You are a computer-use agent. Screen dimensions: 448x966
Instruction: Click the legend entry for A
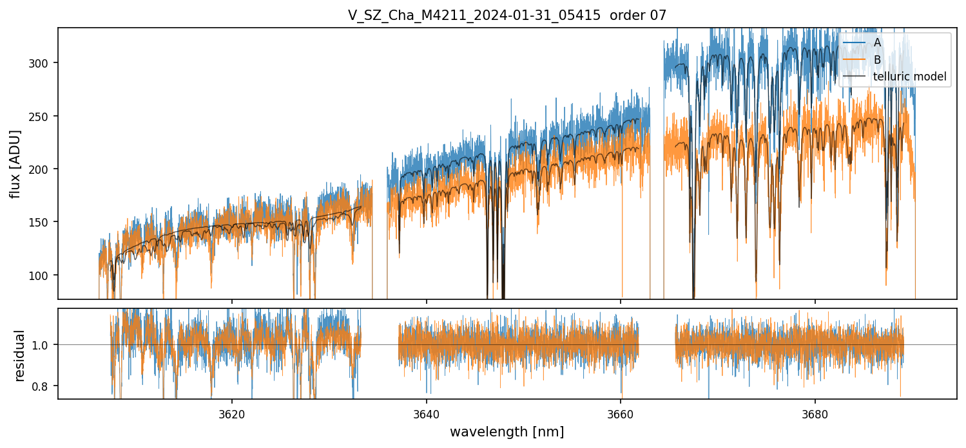pos(877,42)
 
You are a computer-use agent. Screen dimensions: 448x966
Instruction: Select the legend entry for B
pos(877,59)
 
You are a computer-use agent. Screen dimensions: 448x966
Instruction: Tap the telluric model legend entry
pos(909,77)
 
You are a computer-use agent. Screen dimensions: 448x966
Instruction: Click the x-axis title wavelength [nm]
pos(507,431)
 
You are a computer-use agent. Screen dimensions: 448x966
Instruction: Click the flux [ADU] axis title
pos(15,163)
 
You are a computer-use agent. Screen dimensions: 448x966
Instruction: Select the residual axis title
pos(19,355)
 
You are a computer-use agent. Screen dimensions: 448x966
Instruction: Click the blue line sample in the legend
pos(855,42)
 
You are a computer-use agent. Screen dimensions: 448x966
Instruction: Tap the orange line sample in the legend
pos(855,59)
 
